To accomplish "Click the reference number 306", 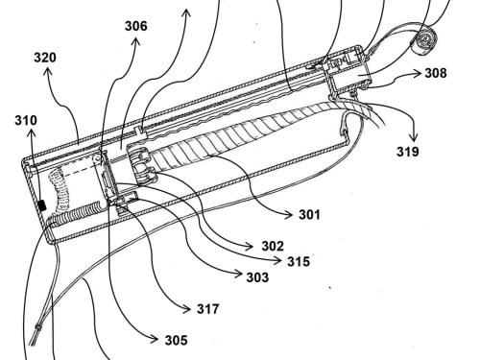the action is click(136, 26).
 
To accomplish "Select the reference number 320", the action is click(45, 58).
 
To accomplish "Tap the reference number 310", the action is click(26, 120).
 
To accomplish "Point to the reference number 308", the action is click(436, 73).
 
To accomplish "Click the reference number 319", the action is click(408, 152).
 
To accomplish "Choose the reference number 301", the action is click(309, 214).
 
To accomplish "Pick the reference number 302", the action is click(273, 246).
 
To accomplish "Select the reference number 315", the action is click(299, 261).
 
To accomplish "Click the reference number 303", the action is click(257, 277).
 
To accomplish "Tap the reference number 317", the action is click(208, 309).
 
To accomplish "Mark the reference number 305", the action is click(177, 340).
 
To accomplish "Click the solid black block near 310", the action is click(42, 205).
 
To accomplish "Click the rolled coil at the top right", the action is click(425, 42).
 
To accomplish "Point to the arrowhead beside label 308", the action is click(418, 74).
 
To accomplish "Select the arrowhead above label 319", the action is click(414, 137).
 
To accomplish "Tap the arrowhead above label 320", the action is click(48, 72).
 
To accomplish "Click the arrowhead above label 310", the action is click(32, 133).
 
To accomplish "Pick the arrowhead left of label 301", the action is click(289, 215).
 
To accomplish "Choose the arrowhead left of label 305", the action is click(155, 339).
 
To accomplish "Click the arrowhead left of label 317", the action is click(186, 309).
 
